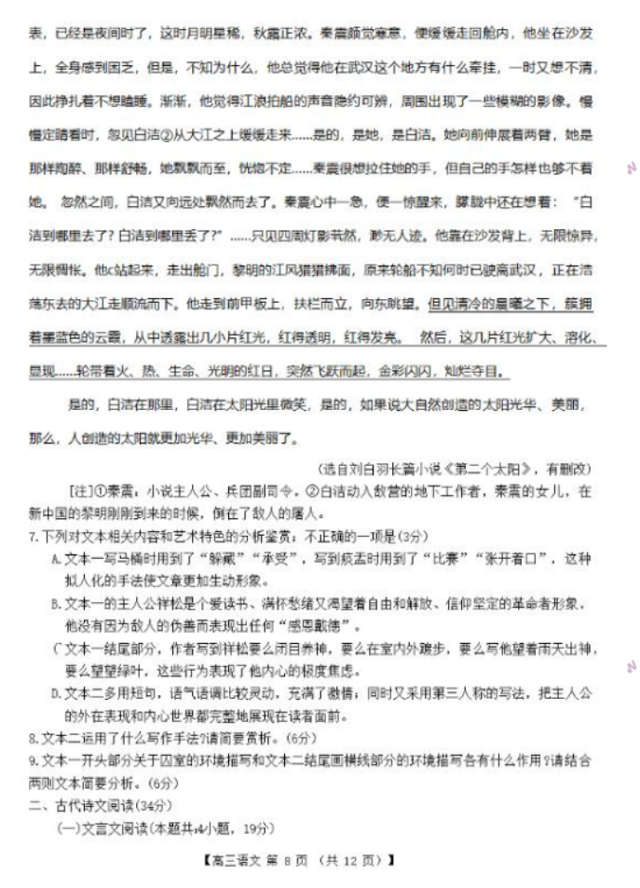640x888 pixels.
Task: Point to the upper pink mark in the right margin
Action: click(630, 169)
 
